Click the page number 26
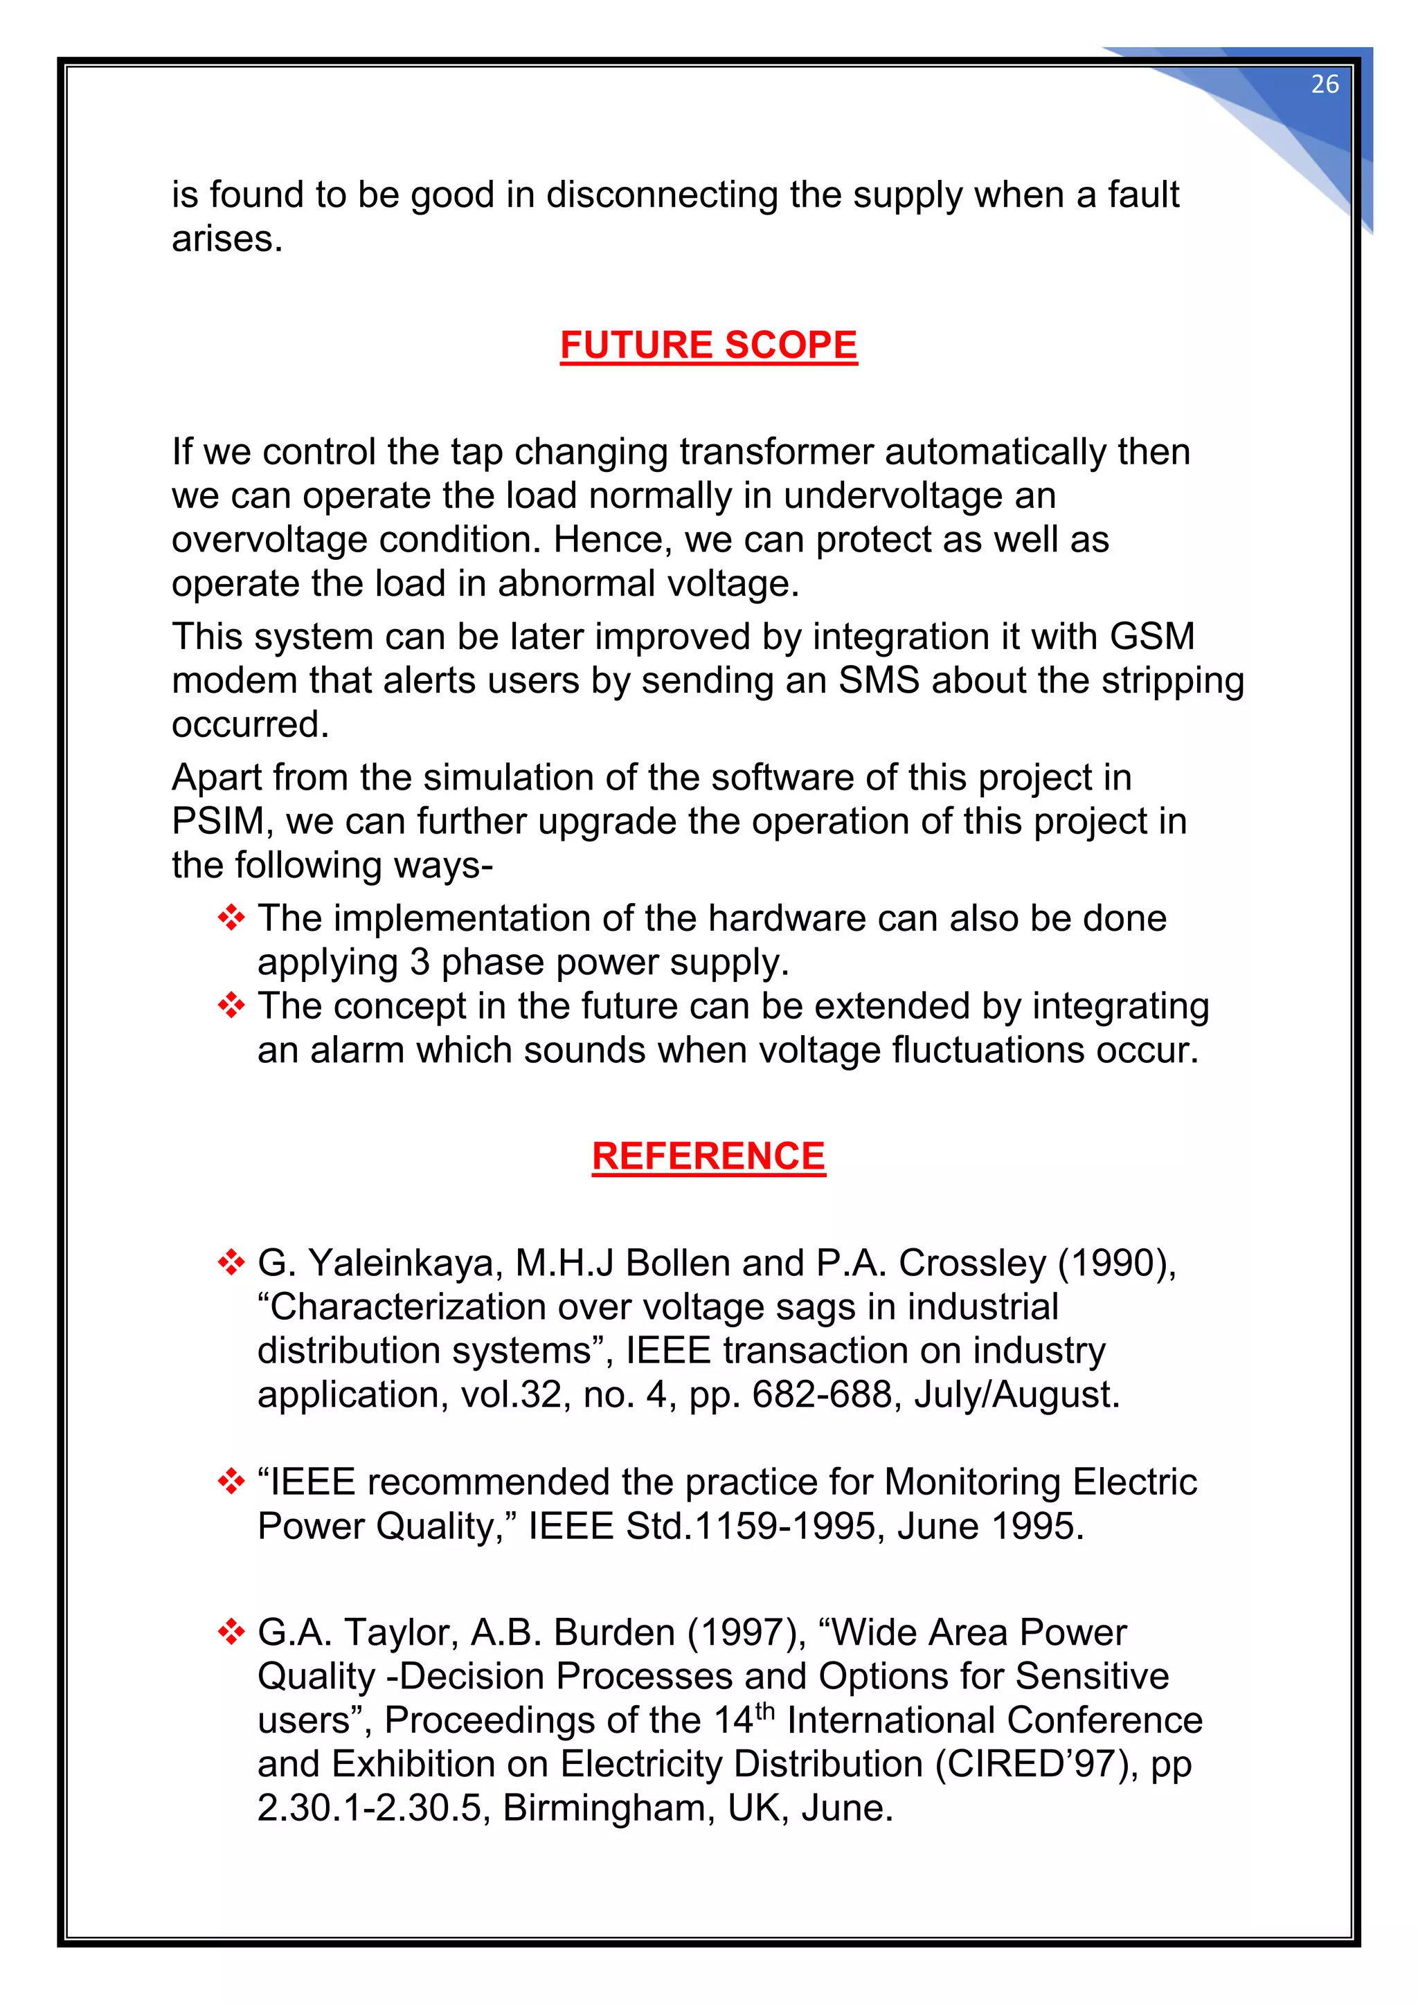click(1324, 84)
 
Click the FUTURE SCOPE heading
click(708, 345)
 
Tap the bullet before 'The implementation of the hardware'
click(231, 918)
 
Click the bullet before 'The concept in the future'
click(231, 1005)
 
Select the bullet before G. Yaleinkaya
click(231, 1263)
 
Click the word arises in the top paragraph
click(226, 239)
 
